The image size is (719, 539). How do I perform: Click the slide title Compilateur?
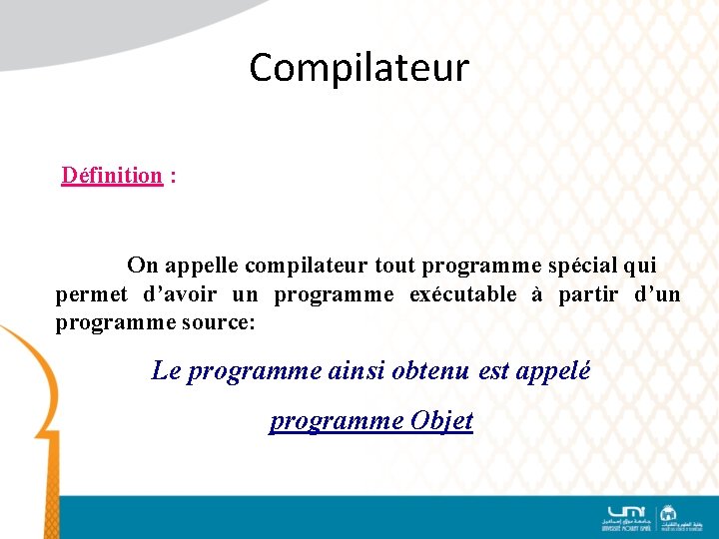click(x=359, y=68)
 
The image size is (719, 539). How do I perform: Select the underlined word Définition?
click(x=112, y=176)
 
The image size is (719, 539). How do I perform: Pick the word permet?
click(x=91, y=294)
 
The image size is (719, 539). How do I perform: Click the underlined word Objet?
click(x=441, y=421)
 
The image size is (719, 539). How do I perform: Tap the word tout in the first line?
click(x=395, y=266)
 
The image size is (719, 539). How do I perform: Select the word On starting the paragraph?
click(x=142, y=266)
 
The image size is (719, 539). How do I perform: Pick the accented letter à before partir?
click(x=537, y=294)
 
